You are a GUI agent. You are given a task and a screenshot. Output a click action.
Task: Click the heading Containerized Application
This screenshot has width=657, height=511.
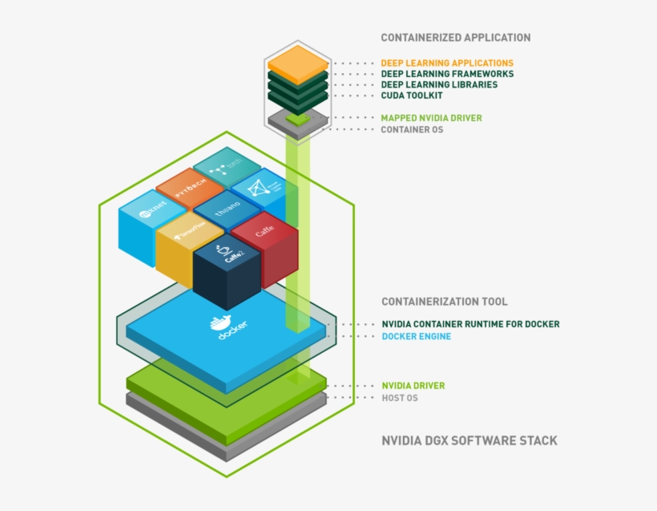coord(455,38)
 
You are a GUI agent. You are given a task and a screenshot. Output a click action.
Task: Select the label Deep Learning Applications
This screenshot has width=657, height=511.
coord(447,63)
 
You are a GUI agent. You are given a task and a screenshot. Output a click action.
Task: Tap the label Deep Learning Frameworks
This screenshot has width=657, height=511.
coord(447,74)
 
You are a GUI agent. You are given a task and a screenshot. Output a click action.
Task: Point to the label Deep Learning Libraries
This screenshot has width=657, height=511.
coord(439,84)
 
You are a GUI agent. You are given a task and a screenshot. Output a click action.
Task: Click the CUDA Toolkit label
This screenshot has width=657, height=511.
coord(412,95)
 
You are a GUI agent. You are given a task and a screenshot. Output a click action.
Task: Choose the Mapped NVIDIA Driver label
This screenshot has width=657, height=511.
coord(431,118)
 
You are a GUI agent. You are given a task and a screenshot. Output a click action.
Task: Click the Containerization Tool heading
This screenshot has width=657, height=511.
coord(444,302)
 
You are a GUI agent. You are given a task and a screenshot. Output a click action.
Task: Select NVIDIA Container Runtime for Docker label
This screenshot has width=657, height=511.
coord(470,324)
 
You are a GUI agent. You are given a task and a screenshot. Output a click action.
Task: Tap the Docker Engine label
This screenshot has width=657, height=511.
coord(416,336)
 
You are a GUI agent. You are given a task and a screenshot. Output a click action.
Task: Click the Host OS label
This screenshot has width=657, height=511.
coord(399,397)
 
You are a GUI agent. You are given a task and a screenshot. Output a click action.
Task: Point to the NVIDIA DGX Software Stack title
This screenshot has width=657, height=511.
coord(469,440)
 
